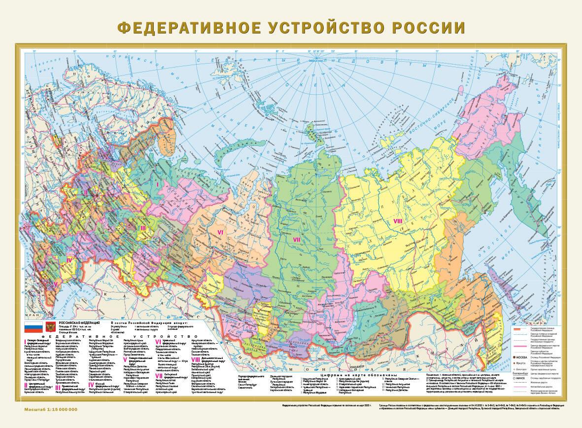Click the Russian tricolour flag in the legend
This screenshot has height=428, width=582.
pyautogui.click(x=34, y=326)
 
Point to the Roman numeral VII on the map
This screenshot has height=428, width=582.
pyautogui.click(x=297, y=240)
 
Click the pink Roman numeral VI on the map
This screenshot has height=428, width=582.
pyautogui.click(x=221, y=230)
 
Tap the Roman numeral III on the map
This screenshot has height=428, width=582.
pyautogui.click(x=143, y=227)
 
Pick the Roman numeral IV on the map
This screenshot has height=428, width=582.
pyautogui.click(x=70, y=259)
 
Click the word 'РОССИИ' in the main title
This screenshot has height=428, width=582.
pyautogui.click(x=426, y=27)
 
